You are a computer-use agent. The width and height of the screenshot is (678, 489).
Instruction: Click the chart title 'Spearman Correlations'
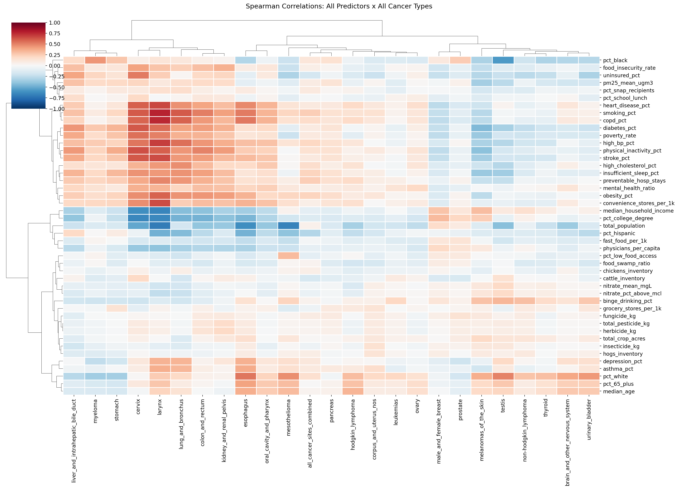click(x=339, y=6)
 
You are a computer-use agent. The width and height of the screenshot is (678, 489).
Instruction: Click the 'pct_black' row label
click(x=615, y=60)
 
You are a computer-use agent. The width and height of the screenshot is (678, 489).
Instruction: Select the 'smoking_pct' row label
click(x=619, y=113)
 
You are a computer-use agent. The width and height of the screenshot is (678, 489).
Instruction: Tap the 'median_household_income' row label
click(x=638, y=211)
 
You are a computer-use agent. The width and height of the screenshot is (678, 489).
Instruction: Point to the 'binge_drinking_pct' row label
click(x=627, y=301)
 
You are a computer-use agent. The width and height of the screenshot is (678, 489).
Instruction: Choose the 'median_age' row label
click(x=619, y=391)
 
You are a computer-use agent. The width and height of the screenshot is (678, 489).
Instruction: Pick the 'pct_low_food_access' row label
click(x=630, y=256)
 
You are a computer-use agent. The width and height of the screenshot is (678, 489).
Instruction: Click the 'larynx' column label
click(x=160, y=407)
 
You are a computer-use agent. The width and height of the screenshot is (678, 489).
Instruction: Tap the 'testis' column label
click(x=503, y=406)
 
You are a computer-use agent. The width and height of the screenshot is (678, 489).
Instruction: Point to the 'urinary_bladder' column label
click(x=589, y=419)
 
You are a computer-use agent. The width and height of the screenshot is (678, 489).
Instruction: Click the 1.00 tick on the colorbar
click(x=55, y=23)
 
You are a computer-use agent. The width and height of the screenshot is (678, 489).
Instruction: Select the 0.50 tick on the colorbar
click(x=55, y=44)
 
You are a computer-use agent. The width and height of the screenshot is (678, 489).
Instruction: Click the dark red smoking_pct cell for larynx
click(x=160, y=113)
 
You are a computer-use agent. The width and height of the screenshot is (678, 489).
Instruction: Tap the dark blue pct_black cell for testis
click(x=503, y=60)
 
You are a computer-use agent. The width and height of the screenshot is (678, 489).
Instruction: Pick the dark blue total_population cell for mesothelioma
click(x=289, y=226)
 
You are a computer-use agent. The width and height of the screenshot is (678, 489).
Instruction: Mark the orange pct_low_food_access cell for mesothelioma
click(x=289, y=256)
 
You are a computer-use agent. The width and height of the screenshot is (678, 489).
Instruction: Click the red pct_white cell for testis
click(x=503, y=376)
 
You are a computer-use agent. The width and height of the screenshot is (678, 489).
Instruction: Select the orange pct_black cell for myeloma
click(x=96, y=60)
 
